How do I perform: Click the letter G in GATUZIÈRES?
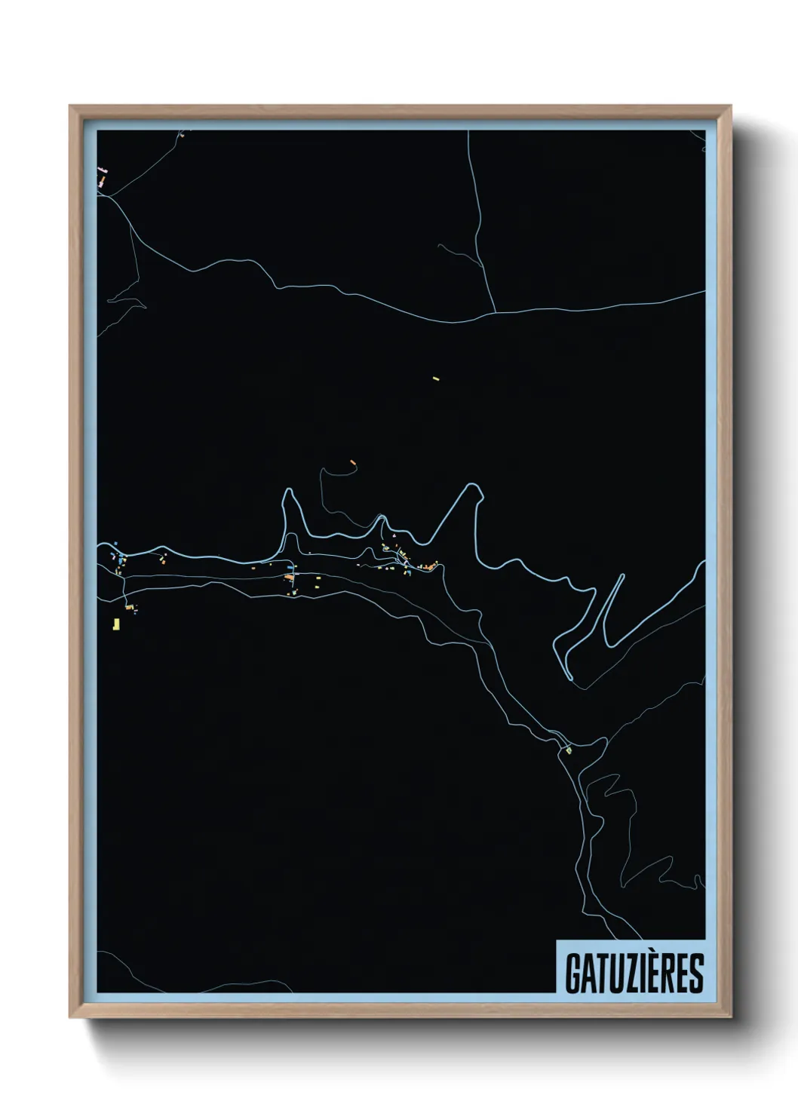point(572,973)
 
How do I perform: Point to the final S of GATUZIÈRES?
point(696,973)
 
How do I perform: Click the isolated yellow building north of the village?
point(435,378)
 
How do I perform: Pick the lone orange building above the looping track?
point(352,461)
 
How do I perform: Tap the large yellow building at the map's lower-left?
point(116,624)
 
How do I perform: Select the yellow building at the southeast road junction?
point(569,750)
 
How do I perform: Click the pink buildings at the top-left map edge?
point(103,176)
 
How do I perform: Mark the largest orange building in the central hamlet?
point(288,577)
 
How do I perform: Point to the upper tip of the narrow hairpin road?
point(622,575)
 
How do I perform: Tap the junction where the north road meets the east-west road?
point(494,311)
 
